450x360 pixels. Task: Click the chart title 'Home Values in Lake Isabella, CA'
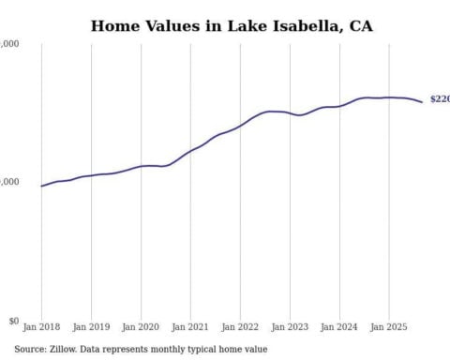[x=231, y=25]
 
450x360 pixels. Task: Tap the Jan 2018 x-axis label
[x=41, y=328]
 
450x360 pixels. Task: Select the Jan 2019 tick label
[x=91, y=328]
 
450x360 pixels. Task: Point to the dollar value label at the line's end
[x=439, y=98]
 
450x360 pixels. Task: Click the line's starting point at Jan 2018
[x=41, y=186]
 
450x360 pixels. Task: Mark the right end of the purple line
[x=422, y=101]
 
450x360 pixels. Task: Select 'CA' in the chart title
[x=360, y=25]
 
